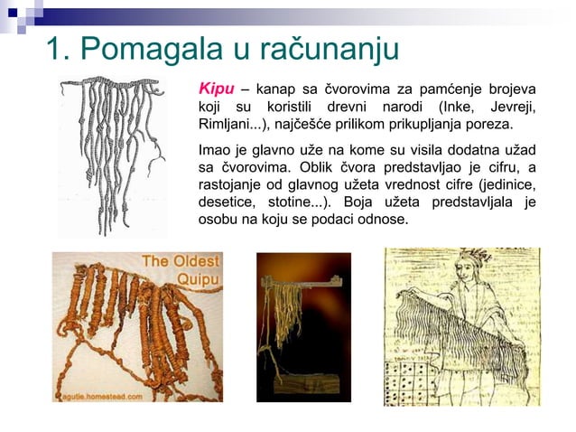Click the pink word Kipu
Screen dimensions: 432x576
click(x=216, y=90)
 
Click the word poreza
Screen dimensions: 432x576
click(x=491, y=125)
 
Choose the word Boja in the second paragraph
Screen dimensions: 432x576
click(x=394, y=202)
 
